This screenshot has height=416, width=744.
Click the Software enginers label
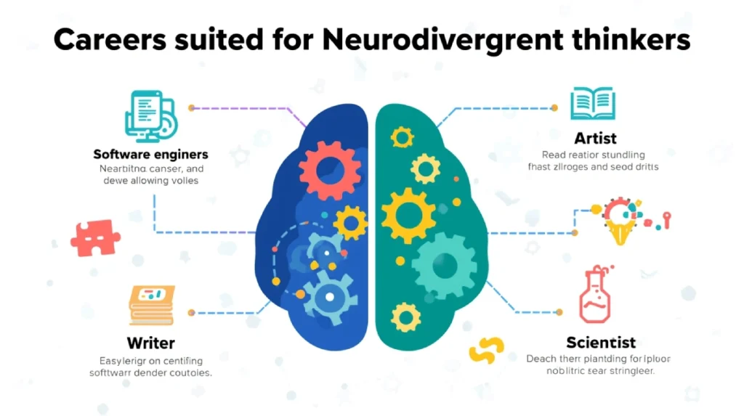(151, 154)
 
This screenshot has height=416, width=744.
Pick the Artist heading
(595, 138)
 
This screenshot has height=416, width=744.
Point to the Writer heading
(151, 342)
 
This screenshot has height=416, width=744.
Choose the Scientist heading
(601, 342)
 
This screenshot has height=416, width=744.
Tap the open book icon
(592, 103)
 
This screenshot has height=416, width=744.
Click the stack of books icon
(152, 305)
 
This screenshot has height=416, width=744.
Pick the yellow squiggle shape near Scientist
(486, 350)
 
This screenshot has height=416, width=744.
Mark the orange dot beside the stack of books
(191, 312)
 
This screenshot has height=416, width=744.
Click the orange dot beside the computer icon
(191, 107)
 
